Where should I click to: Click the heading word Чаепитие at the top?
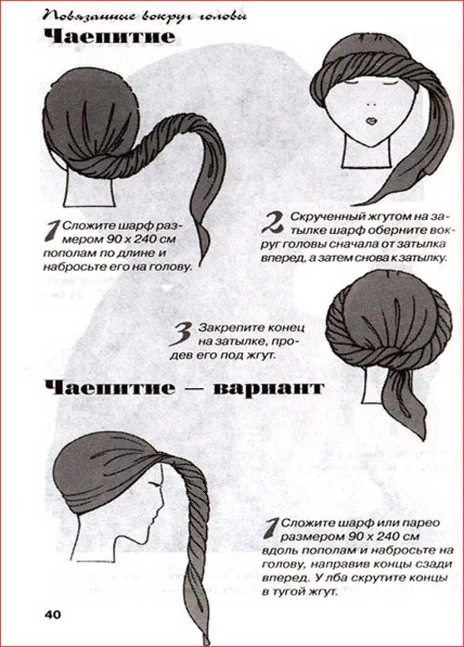[x=110, y=36]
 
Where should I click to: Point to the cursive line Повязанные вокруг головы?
[x=145, y=17]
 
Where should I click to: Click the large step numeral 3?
[x=182, y=334]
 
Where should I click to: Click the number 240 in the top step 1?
[x=141, y=239]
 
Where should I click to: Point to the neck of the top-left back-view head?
[x=88, y=191]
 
